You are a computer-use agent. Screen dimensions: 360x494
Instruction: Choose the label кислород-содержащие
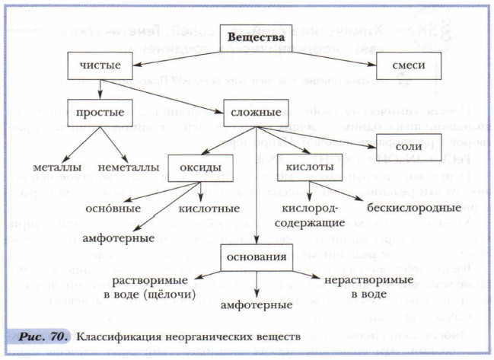click(313, 215)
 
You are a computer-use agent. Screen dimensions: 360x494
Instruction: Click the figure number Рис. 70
click(45, 336)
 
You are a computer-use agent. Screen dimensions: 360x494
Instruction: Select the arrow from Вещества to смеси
click(336, 51)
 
